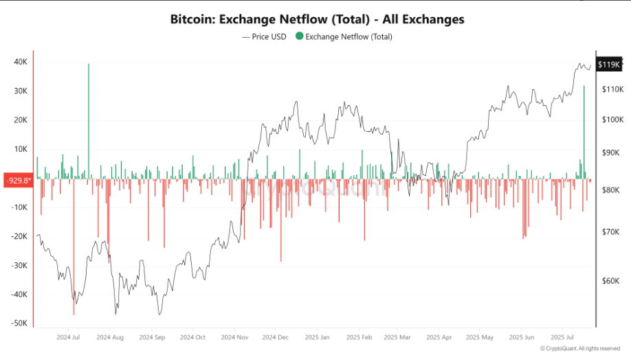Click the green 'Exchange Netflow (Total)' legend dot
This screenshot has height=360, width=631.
tap(299, 36)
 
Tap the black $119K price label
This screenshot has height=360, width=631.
tap(609, 65)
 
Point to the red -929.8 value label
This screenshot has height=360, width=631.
tap(18, 181)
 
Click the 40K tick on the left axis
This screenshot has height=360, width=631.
tap(20, 62)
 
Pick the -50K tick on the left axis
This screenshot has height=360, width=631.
tap(19, 323)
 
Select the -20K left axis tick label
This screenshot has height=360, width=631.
tap(19, 236)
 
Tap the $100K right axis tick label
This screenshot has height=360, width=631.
tap(612, 120)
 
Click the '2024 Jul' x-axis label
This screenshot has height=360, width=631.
tap(69, 337)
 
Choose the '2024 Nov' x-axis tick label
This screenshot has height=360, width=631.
tap(234, 337)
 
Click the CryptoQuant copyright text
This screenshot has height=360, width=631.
tap(580, 348)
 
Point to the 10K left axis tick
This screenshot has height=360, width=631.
tap(20, 149)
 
